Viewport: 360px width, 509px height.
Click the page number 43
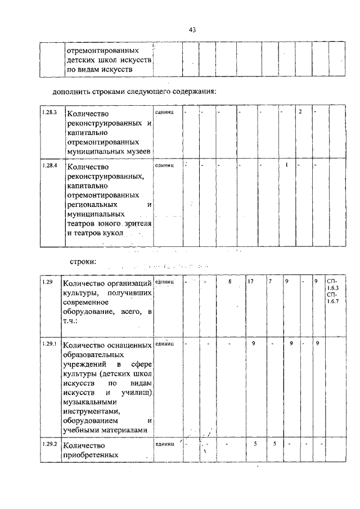coord(192,30)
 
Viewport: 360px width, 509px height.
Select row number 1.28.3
coord(49,112)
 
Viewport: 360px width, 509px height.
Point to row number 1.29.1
coord(49,343)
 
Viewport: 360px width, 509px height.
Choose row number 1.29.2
coord(49,444)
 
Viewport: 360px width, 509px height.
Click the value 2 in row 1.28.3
coord(300,112)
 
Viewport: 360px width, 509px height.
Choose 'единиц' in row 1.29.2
coord(164,444)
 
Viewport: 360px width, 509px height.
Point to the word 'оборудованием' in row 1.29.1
coord(93,421)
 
